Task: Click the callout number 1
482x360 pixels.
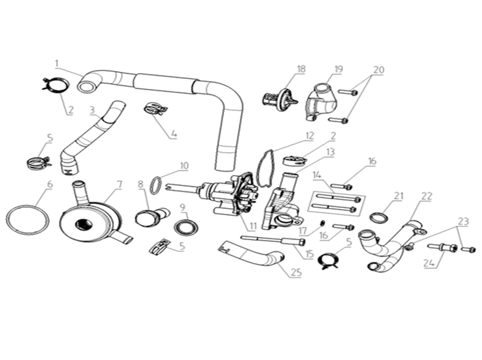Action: (57, 64)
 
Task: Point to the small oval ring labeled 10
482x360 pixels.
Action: (156, 185)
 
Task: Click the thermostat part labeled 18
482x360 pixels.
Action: (280, 100)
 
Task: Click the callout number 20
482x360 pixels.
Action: (379, 70)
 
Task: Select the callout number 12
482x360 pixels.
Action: (310, 136)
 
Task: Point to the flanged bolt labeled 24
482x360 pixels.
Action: (443, 247)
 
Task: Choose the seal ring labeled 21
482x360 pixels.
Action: (378, 217)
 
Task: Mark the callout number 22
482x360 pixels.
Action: (427, 196)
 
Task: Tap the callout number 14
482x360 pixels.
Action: (317, 175)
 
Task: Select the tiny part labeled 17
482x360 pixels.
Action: (323, 222)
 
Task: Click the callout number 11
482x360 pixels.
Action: (253, 227)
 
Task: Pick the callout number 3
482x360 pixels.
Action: (93, 110)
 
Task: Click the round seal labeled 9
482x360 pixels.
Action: (185, 227)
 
